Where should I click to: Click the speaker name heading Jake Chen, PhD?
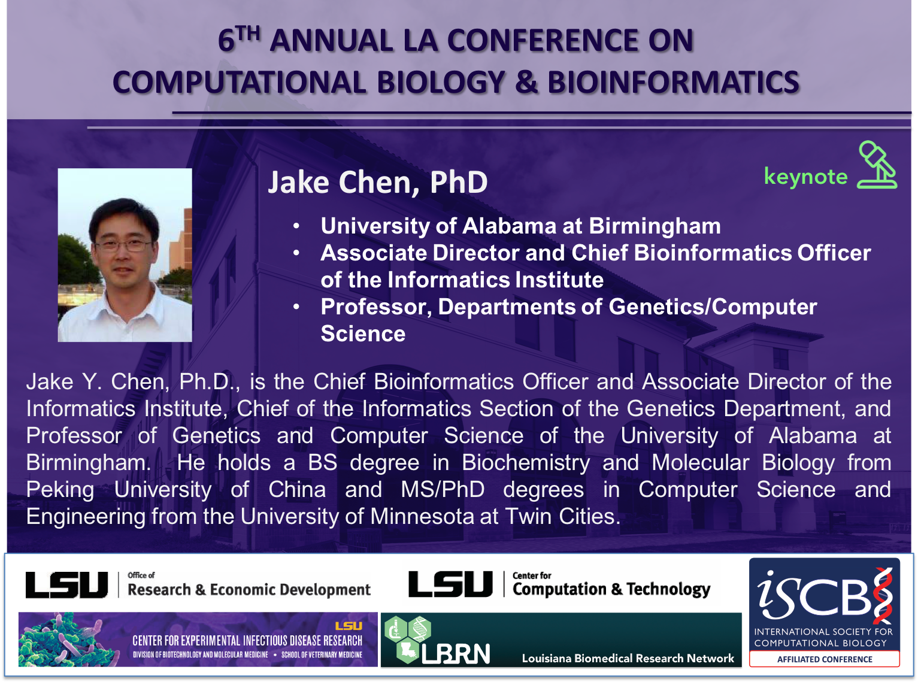tap(377, 183)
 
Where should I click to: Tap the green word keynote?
tap(805, 177)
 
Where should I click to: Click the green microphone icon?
tap(877, 165)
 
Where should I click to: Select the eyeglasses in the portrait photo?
tap(123, 245)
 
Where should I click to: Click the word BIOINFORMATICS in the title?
tap(674, 82)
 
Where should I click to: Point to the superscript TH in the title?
tap(248, 33)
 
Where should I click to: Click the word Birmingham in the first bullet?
tap(655, 226)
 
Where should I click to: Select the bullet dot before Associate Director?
tap(296, 253)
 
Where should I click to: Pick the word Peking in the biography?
tap(60, 490)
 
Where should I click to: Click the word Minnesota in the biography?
tap(422, 516)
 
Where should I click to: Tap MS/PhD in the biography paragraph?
tap(443, 490)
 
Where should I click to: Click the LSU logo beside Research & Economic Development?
tap(66, 585)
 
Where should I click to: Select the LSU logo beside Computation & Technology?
tap(450, 584)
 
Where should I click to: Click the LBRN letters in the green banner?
tap(456, 654)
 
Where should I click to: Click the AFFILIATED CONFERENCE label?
tap(825, 659)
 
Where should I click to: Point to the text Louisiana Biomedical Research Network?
tap(628, 658)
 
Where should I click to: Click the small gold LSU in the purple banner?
tap(349, 626)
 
